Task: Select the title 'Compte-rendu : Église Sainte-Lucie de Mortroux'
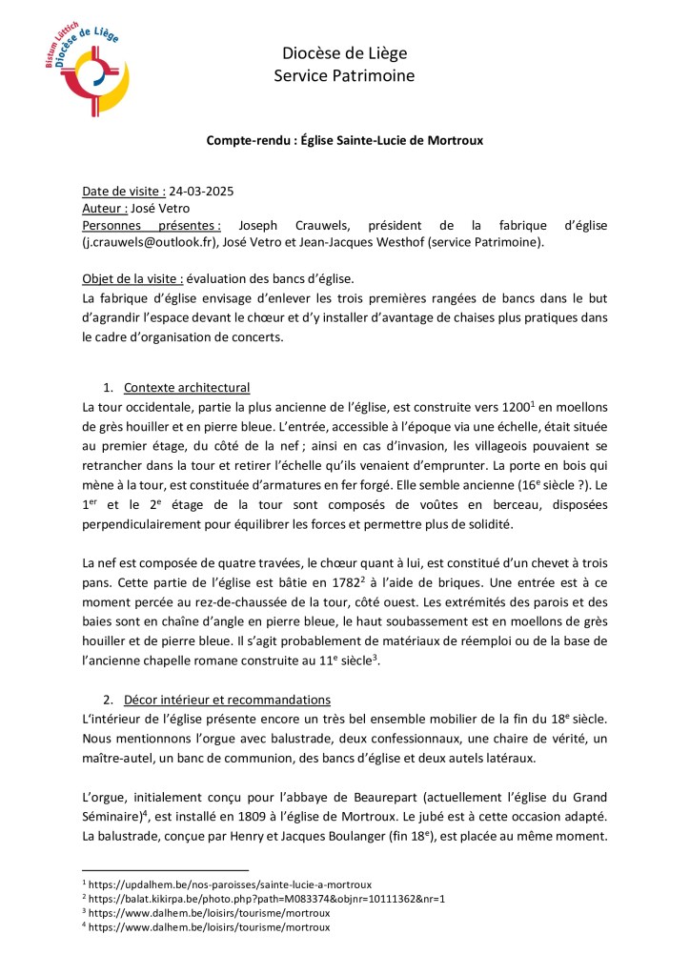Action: point(345,140)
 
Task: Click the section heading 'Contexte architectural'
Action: point(187,388)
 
